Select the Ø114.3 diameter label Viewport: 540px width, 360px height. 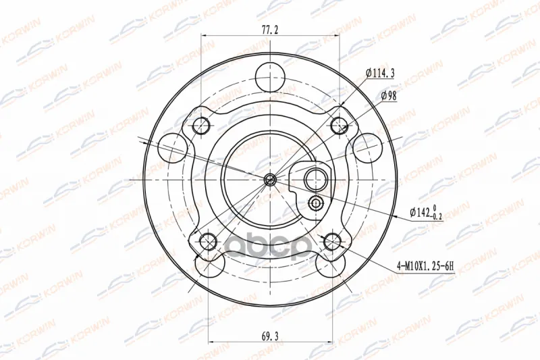380,73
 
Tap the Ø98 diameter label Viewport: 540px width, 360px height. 389,96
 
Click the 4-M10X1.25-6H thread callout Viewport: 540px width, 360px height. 425,265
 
